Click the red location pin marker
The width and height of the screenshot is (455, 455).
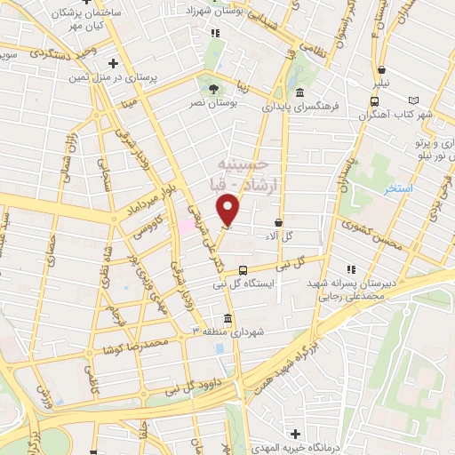click(x=229, y=210)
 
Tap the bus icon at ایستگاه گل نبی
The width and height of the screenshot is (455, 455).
click(x=243, y=271)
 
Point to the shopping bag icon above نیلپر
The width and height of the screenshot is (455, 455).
click(x=381, y=69)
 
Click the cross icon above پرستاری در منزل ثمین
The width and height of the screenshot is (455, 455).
click(x=113, y=63)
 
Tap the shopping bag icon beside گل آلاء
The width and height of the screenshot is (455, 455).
click(x=279, y=222)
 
